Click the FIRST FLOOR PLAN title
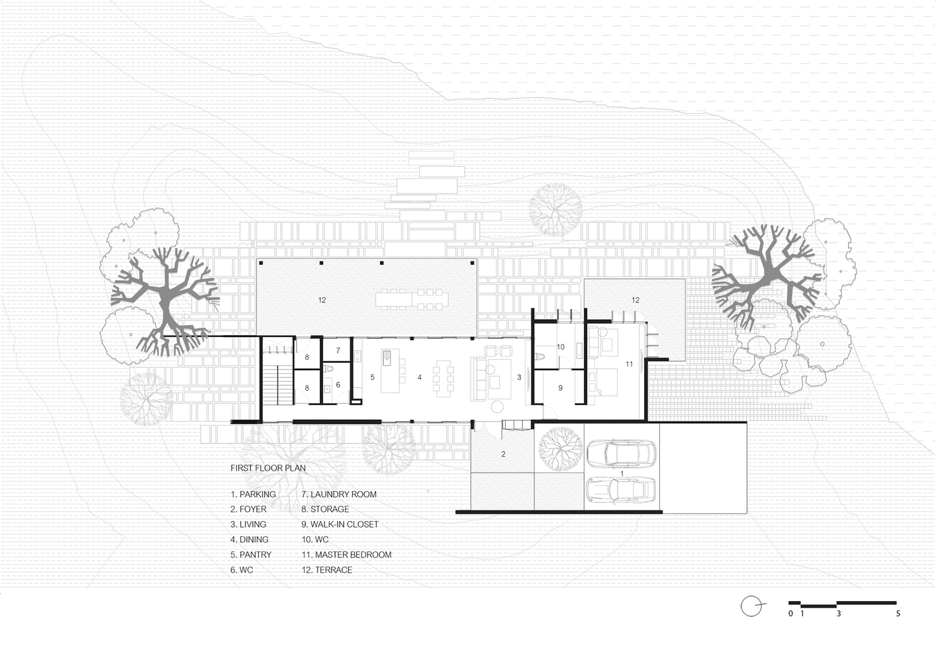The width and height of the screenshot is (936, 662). click(x=268, y=468)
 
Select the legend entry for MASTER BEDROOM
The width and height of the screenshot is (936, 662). click(x=346, y=555)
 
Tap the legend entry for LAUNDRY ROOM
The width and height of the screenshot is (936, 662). click(x=339, y=494)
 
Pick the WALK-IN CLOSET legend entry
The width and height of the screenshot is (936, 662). click(x=340, y=524)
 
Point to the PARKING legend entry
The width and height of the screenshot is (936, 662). click(x=254, y=494)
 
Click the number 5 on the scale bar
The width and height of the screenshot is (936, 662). click(x=898, y=614)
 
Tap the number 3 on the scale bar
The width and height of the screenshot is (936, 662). click(x=838, y=614)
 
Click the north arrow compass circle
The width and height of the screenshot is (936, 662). click(x=751, y=606)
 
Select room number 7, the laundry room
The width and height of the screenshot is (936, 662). click(x=338, y=351)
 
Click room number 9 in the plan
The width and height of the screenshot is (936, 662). click(x=561, y=388)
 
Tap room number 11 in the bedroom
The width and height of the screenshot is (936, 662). click(x=630, y=364)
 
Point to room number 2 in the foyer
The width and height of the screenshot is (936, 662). click(x=503, y=454)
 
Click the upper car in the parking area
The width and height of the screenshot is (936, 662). click(x=622, y=453)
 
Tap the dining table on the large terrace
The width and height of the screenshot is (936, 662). click(x=412, y=300)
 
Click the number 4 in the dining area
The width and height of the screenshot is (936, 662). click(x=420, y=377)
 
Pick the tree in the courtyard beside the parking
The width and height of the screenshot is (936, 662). click(x=561, y=449)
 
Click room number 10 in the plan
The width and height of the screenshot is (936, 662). click(x=561, y=346)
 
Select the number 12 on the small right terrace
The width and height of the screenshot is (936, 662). click(x=635, y=300)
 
